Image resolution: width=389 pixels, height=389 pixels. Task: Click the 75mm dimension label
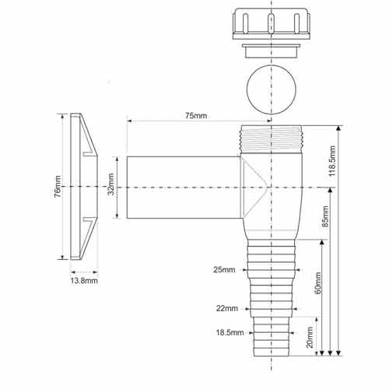pyautogui.click(x=196, y=115)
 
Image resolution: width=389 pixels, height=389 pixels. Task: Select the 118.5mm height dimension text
pyautogui.click(x=332, y=161)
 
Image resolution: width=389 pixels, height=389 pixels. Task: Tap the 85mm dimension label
pyautogui.click(x=325, y=216)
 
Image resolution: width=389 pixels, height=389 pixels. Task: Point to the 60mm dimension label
pyautogui.click(x=317, y=283)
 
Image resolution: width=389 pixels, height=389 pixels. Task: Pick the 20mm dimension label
pyautogui.click(x=310, y=338)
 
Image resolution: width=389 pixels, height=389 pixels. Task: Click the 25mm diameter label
pyautogui.click(x=224, y=270)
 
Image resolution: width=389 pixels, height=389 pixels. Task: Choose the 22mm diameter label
pyautogui.click(x=227, y=308)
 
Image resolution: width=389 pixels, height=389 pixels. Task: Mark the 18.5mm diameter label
pyautogui.click(x=230, y=332)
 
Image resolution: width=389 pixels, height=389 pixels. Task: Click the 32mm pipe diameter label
pyautogui.click(x=110, y=184)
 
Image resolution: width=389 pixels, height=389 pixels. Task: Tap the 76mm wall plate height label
pyautogui.click(x=58, y=187)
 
